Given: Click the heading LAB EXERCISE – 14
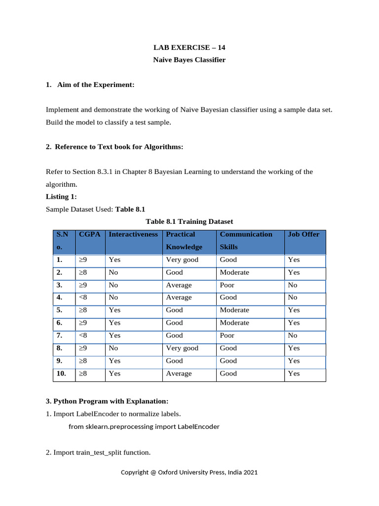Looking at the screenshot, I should tap(189, 48).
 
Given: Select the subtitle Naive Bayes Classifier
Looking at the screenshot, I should tap(189, 60).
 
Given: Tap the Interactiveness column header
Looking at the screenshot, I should tap(133, 234).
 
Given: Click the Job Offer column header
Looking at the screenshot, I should tap(303, 234).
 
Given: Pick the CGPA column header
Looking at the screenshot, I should tap(89, 234).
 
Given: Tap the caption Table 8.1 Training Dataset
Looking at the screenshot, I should tap(189, 221).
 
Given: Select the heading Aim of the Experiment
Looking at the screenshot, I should tap(90, 85).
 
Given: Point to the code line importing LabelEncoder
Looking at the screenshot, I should tap(144, 427).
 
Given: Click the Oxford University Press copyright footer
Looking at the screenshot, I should tap(189, 472).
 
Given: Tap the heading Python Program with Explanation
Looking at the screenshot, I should tap(107, 400).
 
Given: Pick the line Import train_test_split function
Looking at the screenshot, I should tap(98, 452).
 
